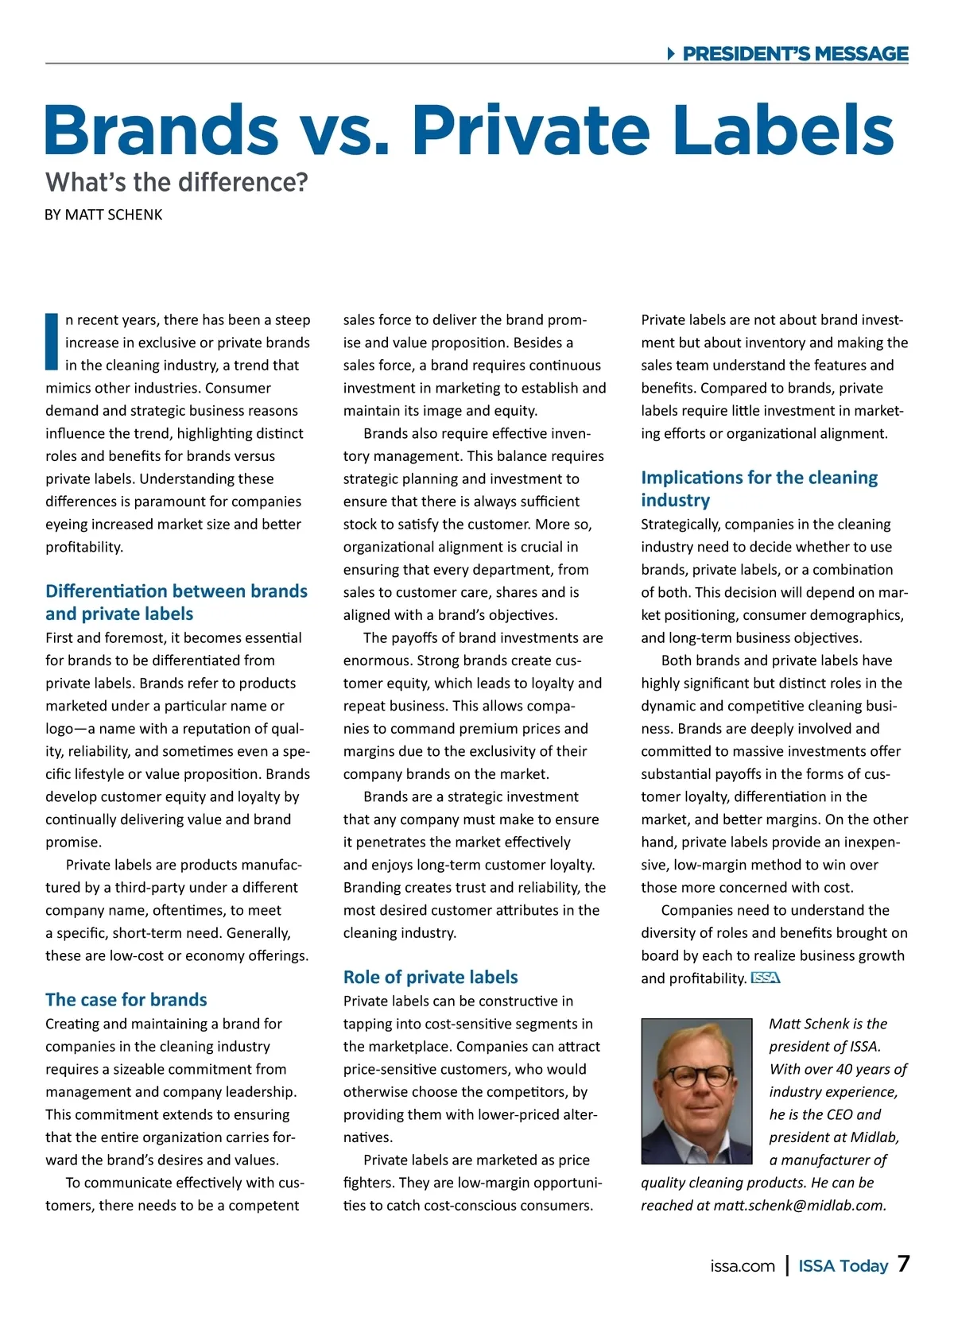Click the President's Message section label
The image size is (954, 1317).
795,54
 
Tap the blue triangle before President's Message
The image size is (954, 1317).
671,54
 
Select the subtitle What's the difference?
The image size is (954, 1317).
176,182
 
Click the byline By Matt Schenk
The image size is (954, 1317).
103,215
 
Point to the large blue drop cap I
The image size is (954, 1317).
52,342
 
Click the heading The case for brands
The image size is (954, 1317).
126,1000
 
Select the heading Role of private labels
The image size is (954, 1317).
430,977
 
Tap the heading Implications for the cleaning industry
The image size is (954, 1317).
759,489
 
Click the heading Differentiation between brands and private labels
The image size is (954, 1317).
176,602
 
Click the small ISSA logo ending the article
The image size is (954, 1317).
766,978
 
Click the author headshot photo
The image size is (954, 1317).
696,1091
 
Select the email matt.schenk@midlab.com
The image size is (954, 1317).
799,1206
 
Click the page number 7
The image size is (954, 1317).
903,1265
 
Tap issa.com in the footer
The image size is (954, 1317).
743,1266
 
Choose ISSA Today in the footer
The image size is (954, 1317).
843,1266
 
